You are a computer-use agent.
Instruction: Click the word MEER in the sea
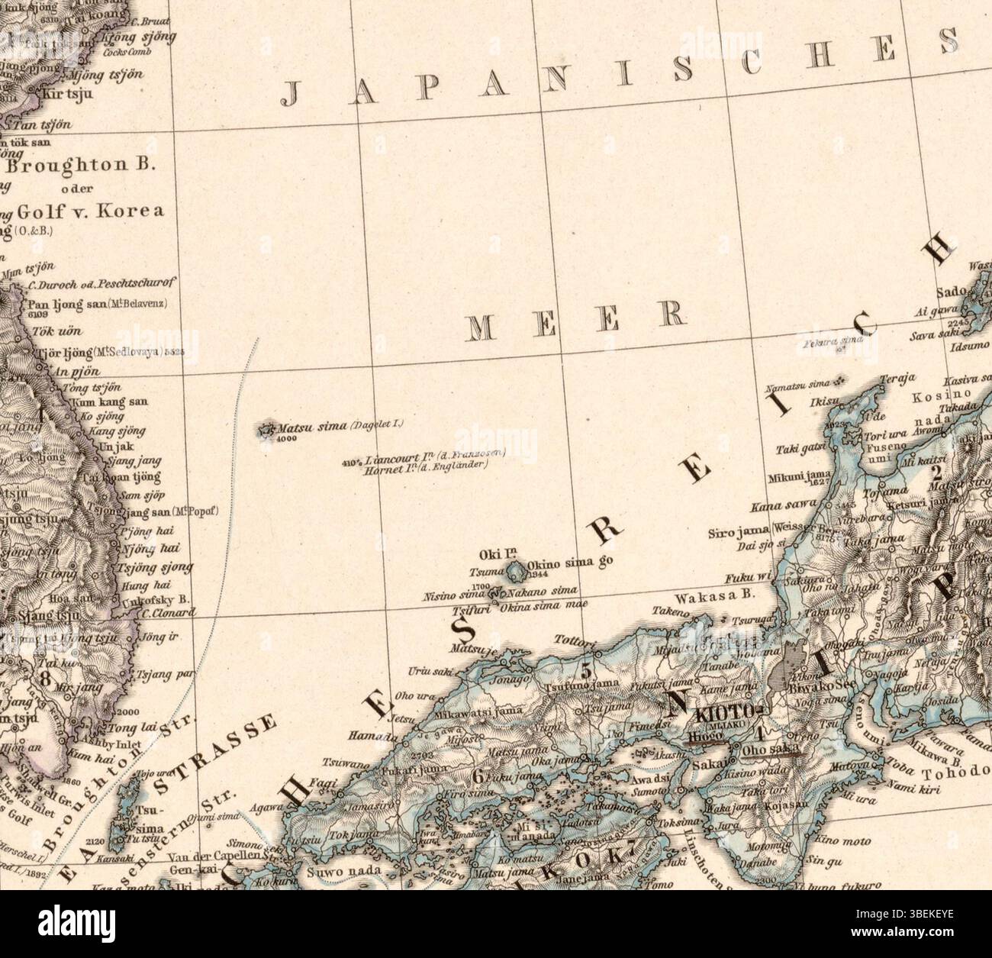[x=574, y=318]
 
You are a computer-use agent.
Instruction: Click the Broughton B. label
[x=80, y=165]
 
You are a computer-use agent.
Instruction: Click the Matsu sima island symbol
[x=268, y=430]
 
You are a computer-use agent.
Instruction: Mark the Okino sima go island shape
[x=517, y=571]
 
